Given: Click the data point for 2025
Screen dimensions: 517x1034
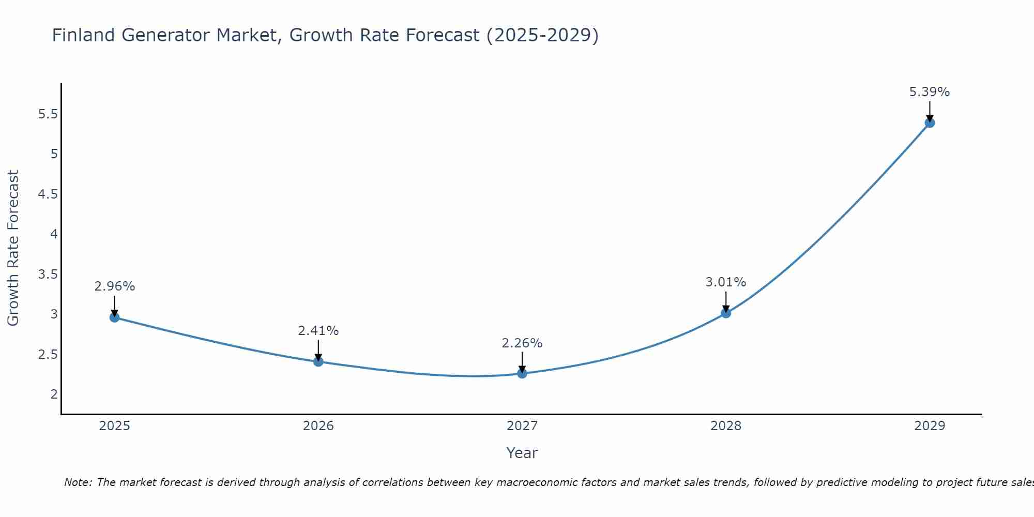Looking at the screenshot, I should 114,317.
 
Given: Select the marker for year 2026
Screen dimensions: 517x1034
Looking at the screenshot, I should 318,361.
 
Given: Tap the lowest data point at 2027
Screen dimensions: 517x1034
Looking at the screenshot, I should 522,373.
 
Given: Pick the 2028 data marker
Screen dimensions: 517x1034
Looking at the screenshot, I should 726,313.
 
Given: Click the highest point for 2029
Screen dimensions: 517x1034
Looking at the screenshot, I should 930,123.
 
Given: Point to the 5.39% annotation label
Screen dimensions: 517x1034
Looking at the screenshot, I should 929,92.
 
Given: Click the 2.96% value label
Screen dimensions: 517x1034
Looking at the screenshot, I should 114,286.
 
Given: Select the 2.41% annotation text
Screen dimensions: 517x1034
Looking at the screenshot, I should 318,331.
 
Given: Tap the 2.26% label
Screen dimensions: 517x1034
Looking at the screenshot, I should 522,343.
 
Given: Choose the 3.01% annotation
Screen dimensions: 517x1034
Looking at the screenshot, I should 725,282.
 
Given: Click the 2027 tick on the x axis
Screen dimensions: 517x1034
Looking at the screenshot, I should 522,426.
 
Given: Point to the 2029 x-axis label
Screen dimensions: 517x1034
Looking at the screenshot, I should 930,426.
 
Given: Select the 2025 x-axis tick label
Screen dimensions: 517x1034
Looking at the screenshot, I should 114,426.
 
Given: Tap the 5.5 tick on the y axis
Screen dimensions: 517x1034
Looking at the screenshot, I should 48,114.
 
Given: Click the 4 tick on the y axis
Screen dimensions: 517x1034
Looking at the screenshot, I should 54,234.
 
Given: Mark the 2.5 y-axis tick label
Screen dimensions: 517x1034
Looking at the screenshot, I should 48,355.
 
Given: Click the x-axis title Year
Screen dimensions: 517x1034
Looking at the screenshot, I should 522,453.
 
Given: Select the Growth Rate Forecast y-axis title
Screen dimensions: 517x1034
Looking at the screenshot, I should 13,248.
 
